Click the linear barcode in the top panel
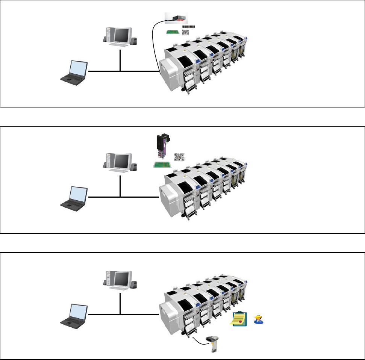[x=189, y=27]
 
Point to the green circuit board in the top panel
[x=174, y=32]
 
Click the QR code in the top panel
[x=186, y=32]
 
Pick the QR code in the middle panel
[x=179, y=157]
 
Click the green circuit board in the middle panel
[x=162, y=165]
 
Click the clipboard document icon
[x=239, y=319]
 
